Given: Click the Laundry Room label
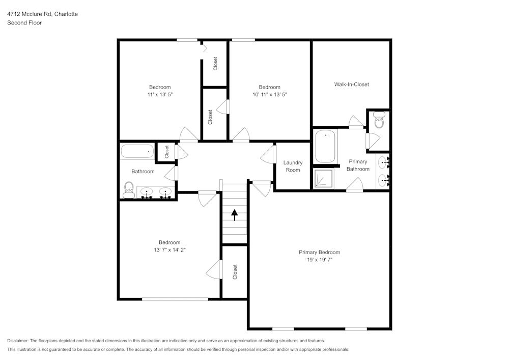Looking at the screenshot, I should (293, 166).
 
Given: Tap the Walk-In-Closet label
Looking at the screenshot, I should (351, 84).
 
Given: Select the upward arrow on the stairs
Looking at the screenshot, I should (234, 215).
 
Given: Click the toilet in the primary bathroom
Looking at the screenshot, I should (379, 121).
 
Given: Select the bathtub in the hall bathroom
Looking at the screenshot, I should (137, 151).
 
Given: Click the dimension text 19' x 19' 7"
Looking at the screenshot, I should (319, 260).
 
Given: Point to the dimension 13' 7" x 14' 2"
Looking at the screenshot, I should (169, 250).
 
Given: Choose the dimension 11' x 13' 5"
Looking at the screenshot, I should (160, 94).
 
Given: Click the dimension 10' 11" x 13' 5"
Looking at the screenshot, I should (269, 94).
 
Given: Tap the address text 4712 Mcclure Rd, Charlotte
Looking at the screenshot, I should (42, 14).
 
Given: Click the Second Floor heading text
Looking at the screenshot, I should (24, 23).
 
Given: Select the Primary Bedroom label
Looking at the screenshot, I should (319, 252).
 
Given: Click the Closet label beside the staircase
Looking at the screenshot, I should (235, 271).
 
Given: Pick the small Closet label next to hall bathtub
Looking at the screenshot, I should (166, 152).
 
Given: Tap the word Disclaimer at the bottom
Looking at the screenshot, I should (18, 341).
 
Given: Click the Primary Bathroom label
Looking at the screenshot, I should (358, 165).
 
